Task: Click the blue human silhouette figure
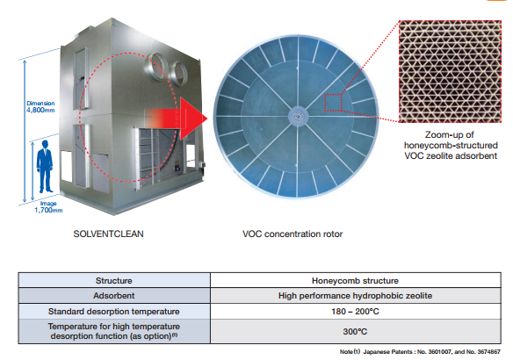tap(45, 167)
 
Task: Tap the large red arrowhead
tap(193, 119)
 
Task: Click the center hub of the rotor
tap(298, 116)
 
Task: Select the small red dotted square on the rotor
tap(333, 103)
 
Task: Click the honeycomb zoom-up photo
tap(450, 71)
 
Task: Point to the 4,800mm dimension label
tap(40, 107)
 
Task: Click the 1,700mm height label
tap(48, 207)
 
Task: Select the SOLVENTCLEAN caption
tap(108, 234)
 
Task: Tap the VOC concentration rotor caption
tap(293, 234)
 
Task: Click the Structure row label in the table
tap(114, 281)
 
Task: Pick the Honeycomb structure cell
tap(355, 281)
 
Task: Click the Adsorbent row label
tap(114, 296)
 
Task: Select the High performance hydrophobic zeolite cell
tap(355, 296)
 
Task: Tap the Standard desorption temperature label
tap(114, 312)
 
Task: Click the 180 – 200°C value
tap(355, 312)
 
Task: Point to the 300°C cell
tap(355, 332)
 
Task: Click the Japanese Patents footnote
tap(420, 352)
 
